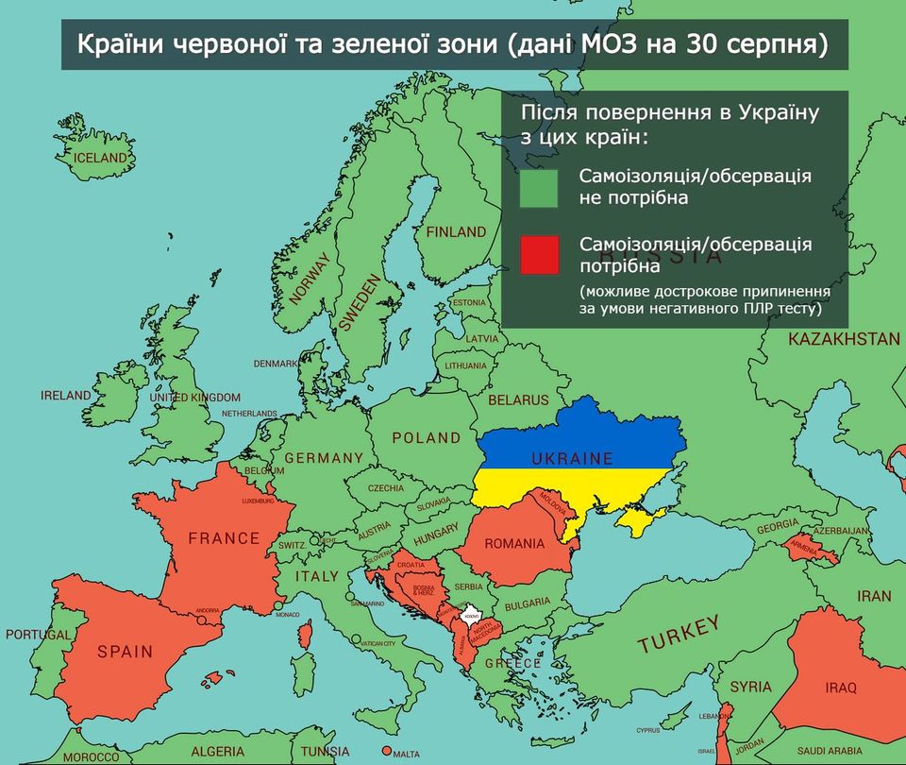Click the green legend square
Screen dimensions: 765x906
(539, 188)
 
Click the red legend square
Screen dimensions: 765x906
(539, 255)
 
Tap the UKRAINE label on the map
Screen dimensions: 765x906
(571, 459)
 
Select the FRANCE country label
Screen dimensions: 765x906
(224, 538)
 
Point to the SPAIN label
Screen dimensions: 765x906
(125, 651)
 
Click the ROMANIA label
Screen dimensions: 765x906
(514, 543)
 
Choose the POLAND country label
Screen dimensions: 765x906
(427, 438)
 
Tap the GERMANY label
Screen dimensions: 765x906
(324, 458)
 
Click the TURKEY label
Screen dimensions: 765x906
(679, 635)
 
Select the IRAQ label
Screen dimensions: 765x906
(840, 688)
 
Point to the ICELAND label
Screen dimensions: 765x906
(100, 158)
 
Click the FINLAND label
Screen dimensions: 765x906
(456, 231)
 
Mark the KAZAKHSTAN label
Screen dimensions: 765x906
(844, 338)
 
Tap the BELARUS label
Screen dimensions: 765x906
(517, 400)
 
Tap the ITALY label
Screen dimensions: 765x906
(316, 576)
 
